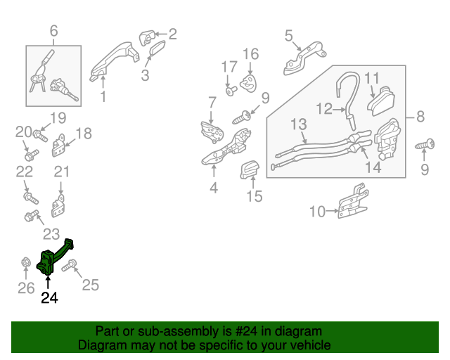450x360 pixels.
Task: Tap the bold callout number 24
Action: click(x=49, y=298)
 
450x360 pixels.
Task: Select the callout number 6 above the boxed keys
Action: click(x=53, y=32)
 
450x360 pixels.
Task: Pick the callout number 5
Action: click(x=289, y=36)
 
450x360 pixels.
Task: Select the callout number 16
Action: click(x=251, y=54)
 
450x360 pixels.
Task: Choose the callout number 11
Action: click(x=371, y=78)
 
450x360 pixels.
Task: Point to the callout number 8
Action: click(x=420, y=117)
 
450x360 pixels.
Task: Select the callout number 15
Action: click(x=254, y=196)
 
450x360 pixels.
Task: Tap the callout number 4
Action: click(x=214, y=188)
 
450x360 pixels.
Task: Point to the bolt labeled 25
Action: click(x=75, y=266)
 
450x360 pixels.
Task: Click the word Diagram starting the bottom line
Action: click(x=101, y=345)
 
